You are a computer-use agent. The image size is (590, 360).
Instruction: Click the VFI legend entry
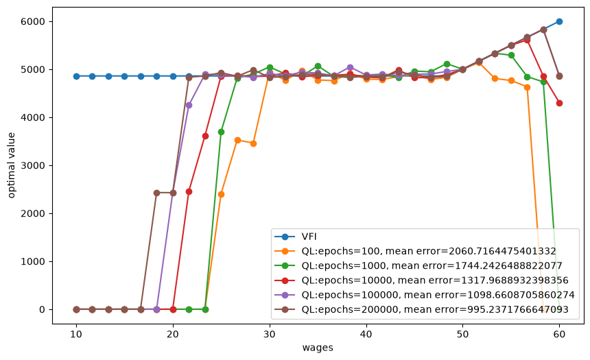point(296,237)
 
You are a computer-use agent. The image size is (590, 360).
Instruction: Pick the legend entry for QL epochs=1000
point(418,265)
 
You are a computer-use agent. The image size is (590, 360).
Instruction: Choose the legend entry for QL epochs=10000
point(421,280)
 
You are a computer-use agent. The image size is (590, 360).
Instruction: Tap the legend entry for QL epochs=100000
point(425,295)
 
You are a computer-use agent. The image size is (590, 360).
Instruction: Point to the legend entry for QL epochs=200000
point(421,309)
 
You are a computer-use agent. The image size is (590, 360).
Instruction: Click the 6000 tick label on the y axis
point(33,22)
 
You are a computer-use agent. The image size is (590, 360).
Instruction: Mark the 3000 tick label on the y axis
point(33,165)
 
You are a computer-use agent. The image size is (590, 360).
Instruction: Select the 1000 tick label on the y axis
point(33,261)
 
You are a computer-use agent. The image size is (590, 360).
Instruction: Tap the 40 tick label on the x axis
point(366,334)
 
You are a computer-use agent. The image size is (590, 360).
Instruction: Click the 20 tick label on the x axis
point(173,334)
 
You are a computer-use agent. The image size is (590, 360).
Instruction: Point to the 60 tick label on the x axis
point(559,334)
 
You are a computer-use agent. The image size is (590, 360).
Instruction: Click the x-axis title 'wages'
point(318,348)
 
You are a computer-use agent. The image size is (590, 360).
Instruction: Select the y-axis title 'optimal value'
point(11,165)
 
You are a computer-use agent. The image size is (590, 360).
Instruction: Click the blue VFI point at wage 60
point(559,21)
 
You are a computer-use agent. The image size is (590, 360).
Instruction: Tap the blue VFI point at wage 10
point(76,76)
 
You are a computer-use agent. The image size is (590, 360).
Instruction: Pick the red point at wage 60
point(559,103)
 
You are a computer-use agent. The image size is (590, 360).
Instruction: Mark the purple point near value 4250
point(189,106)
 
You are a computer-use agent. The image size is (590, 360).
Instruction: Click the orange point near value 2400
point(221,195)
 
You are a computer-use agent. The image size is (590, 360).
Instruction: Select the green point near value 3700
point(221,132)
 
